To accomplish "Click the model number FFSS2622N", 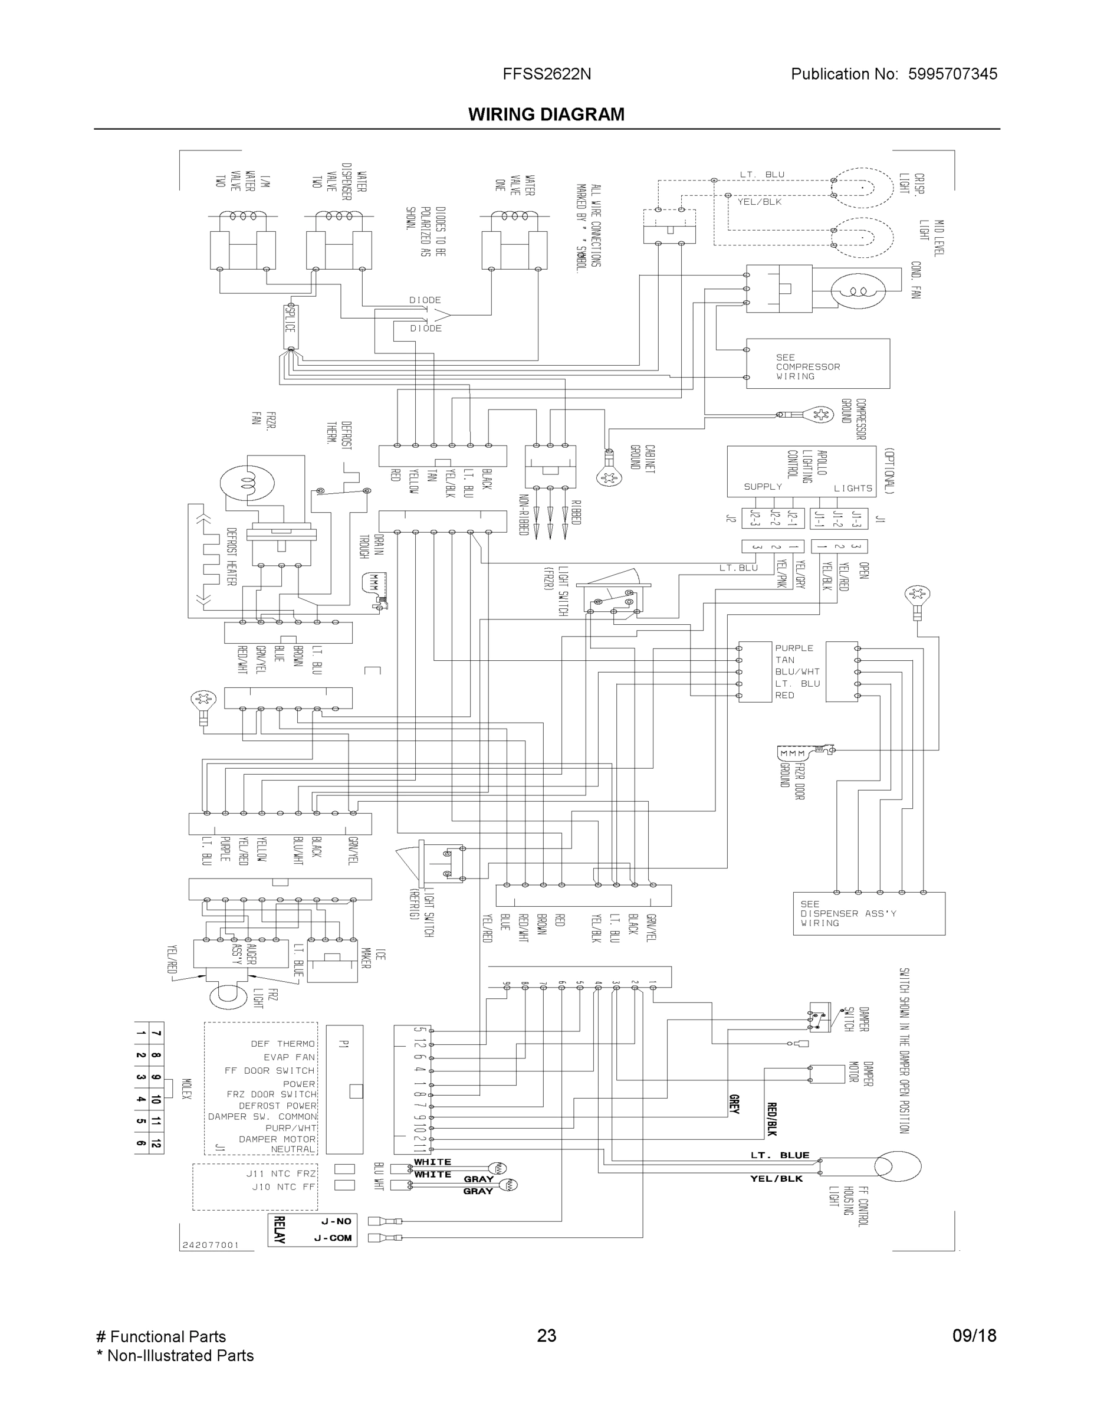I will click(546, 74).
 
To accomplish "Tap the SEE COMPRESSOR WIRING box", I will click(817, 363).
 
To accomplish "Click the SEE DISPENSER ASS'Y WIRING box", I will click(869, 913).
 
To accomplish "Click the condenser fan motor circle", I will click(858, 290).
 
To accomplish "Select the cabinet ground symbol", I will click(609, 478).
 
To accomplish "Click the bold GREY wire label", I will click(734, 1103).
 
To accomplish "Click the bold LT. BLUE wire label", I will click(780, 1155).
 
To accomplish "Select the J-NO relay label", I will click(336, 1221).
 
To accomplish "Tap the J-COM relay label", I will click(333, 1238).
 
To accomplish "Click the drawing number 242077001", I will click(211, 1245).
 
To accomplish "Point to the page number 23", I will click(546, 1336).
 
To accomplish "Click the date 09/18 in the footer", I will click(974, 1336).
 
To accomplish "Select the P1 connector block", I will click(344, 1089).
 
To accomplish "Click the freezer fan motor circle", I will click(247, 483).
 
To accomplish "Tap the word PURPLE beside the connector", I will click(794, 648).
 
